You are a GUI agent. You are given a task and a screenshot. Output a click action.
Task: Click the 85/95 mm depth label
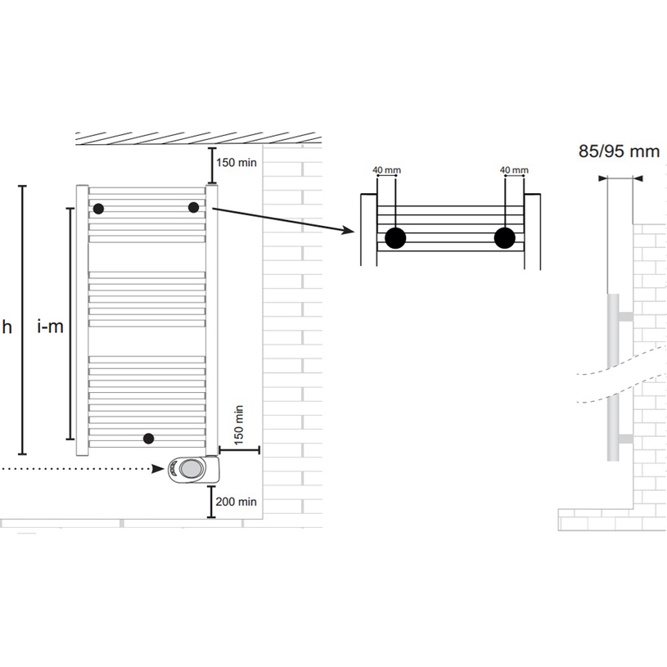point(619,151)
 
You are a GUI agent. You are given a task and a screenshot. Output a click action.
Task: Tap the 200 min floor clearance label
point(236,502)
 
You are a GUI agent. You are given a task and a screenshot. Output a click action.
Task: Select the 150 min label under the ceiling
point(237,163)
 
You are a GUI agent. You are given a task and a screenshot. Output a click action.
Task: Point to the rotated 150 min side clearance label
point(239,425)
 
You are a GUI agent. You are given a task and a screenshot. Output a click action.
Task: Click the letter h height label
point(7,327)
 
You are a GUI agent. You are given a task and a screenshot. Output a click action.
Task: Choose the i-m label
point(51,327)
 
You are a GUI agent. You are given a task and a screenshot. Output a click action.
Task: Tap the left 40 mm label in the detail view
point(386,170)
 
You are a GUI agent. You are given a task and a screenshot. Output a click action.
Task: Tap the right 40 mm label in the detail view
point(514,170)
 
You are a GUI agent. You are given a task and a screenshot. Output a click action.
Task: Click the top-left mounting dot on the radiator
point(98,209)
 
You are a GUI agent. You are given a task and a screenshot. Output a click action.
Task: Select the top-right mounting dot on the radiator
point(193,208)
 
